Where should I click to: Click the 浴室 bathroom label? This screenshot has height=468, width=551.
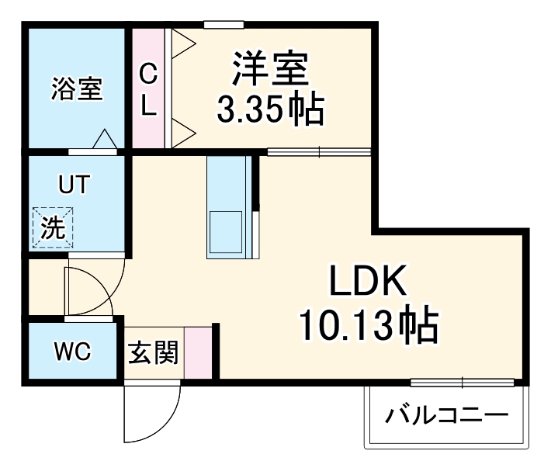click(x=76, y=88)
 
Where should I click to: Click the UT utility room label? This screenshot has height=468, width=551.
click(x=75, y=185)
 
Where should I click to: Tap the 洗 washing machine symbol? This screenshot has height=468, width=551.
click(x=51, y=227)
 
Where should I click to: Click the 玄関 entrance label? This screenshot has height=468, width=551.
click(x=153, y=353)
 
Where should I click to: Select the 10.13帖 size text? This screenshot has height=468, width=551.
click(x=367, y=327)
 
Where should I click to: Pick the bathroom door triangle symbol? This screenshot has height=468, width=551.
click(x=104, y=140)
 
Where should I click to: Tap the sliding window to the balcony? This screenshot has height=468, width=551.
click(x=462, y=382)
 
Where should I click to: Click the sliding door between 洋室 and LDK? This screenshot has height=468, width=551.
click(x=319, y=152)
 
